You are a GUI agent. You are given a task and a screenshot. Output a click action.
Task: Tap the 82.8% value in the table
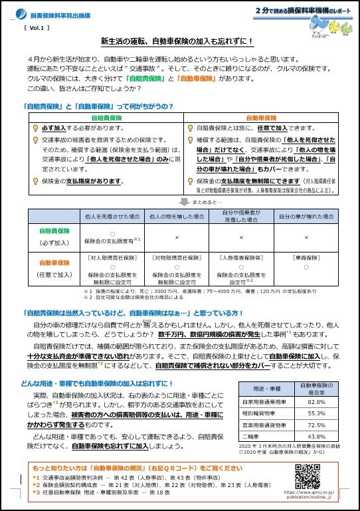(x=315, y=402)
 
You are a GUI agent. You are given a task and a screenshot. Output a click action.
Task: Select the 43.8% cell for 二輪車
(x=315, y=435)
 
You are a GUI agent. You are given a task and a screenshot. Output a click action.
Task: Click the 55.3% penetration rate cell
(x=315, y=413)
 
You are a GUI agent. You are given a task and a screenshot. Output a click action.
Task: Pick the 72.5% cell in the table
(x=315, y=424)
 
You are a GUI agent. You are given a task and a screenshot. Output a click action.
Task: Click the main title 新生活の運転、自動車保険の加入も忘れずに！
(x=177, y=41)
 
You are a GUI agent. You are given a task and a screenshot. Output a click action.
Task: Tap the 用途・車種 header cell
(x=264, y=387)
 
